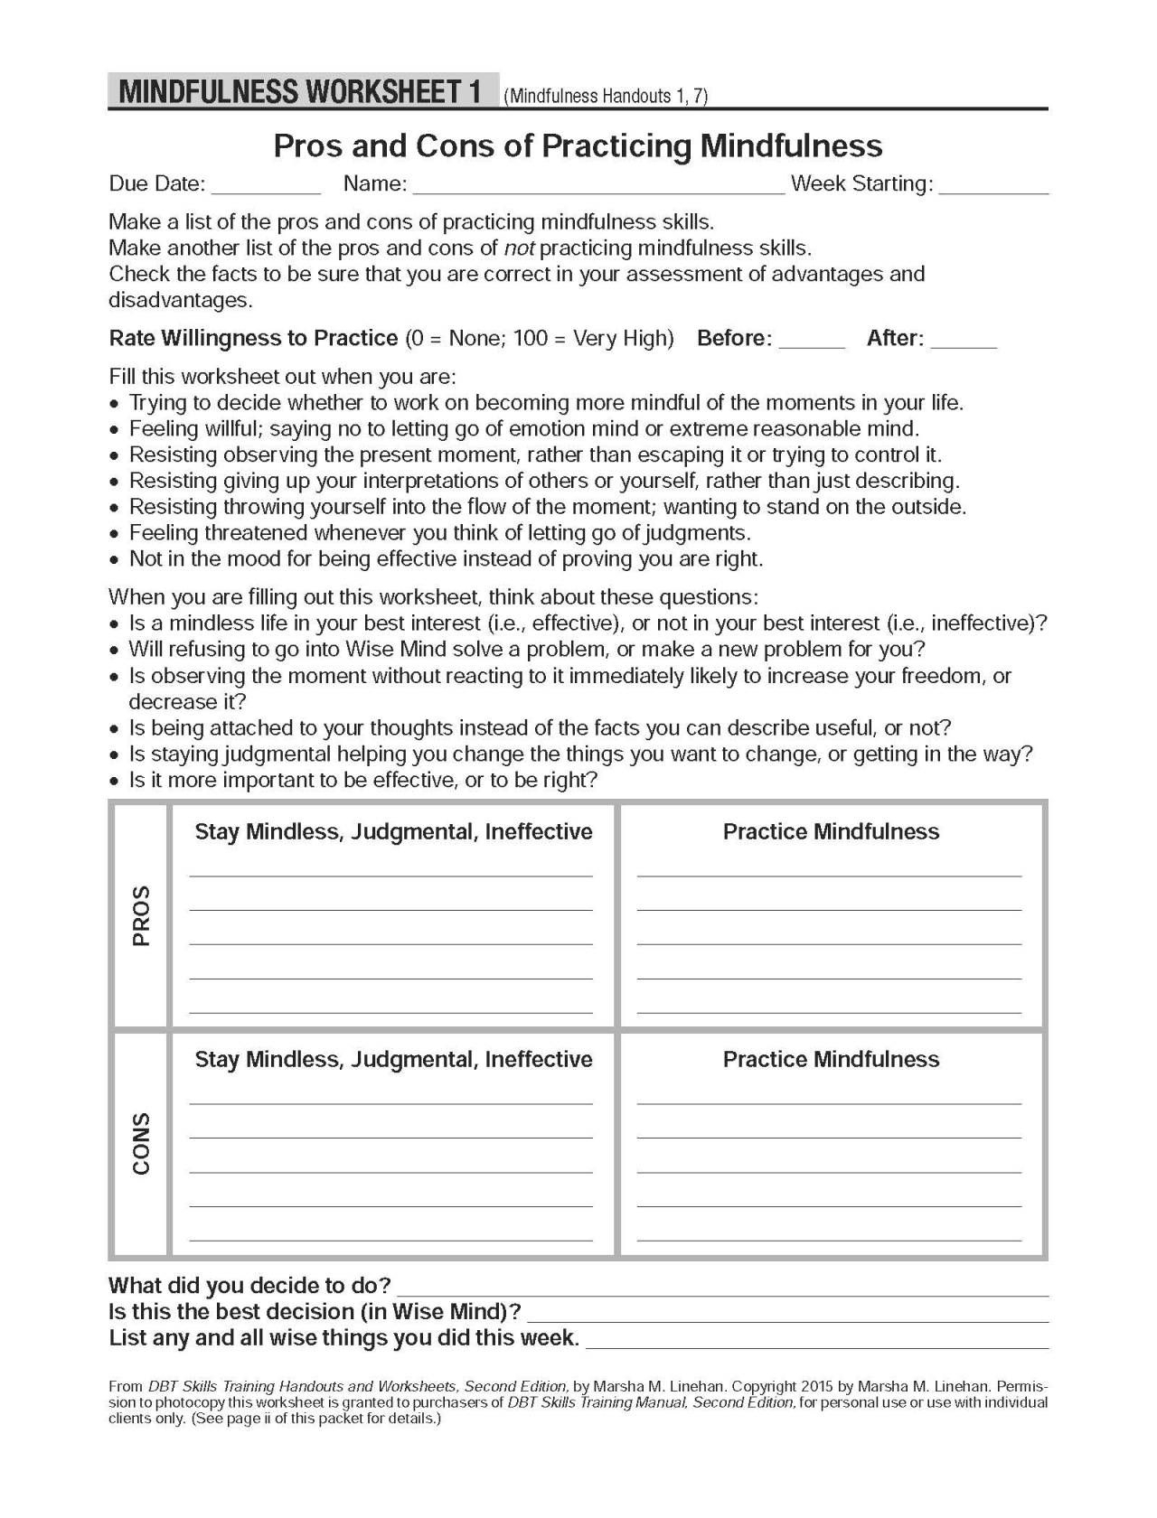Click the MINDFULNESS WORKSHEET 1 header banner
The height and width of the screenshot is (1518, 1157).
tap(302, 92)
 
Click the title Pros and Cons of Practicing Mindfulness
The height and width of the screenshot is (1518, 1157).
tap(578, 145)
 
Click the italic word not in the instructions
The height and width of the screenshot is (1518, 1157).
tap(518, 248)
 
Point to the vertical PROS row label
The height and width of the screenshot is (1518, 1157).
tap(141, 914)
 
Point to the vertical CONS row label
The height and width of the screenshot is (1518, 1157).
tap(141, 1143)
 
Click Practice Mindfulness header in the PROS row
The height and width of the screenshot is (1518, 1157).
tap(831, 831)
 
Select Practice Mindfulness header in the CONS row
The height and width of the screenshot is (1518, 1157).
tap(831, 1059)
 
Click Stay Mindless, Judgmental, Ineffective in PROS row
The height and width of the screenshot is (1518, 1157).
tap(393, 831)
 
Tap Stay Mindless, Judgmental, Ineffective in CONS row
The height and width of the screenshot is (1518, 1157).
tap(393, 1059)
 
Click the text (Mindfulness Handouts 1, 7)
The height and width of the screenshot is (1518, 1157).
tap(606, 96)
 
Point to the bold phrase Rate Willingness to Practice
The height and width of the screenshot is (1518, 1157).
tap(253, 338)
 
